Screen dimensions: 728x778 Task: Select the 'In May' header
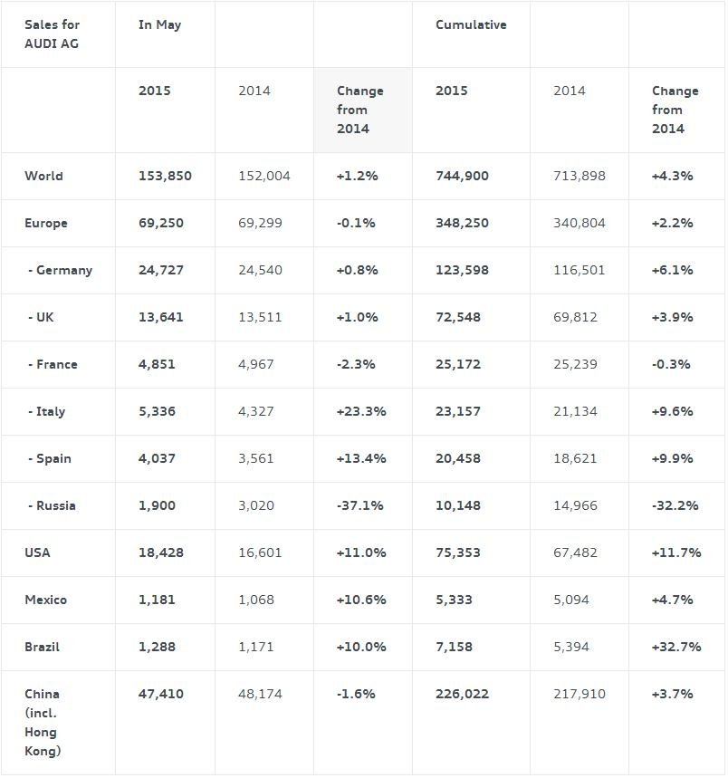tap(159, 24)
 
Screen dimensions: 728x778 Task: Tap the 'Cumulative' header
tap(471, 24)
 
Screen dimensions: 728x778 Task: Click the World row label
tap(43, 176)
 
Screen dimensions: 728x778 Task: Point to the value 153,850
tap(165, 176)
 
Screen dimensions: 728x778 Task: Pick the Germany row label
tap(60, 270)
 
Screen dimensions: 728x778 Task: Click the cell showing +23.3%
tap(361, 411)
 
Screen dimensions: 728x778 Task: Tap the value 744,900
tap(462, 176)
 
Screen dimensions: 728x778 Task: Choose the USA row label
tap(37, 552)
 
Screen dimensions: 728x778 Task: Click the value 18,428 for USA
tap(161, 552)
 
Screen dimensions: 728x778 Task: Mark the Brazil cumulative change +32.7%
tap(676, 647)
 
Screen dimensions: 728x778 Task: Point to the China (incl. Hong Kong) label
tap(43, 723)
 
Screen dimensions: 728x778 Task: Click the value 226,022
tap(462, 694)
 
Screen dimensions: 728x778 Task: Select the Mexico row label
tap(45, 600)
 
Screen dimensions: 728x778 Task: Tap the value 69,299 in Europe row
tap(261, 223)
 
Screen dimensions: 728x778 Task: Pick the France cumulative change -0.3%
tap(671, 364)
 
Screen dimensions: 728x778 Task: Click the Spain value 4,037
tap(157, 458)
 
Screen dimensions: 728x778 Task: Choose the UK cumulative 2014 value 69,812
tap(575, 317)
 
